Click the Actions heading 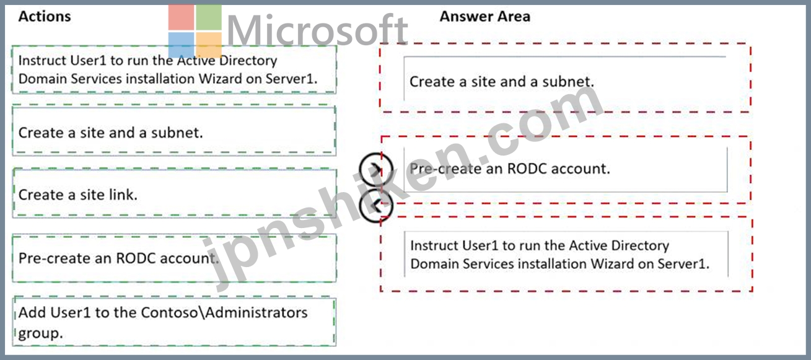(x=45, y=16)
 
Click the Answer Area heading (x=484, y=16)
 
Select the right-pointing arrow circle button (x=376, y=169)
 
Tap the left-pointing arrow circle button (x=376, y=206)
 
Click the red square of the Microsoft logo (x=181, y=17)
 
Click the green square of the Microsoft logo (x=209, y=17)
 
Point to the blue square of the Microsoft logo (x=181, y=45)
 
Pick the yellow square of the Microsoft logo (x=209, y=45)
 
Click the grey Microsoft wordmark (x=317, y=30)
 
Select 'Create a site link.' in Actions (x=78, y=195)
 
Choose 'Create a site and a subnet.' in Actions (x=110, y=133)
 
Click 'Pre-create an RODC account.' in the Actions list (x=118, y=258)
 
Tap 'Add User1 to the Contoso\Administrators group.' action (x=163, y=323)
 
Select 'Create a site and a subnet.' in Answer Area (x=502, y=82)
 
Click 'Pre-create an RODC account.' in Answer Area (x=510, y=169)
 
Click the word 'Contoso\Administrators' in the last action (x=224, y=312)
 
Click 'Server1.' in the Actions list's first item (x=291, y=79)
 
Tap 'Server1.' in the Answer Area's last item (x=683, y=264)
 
